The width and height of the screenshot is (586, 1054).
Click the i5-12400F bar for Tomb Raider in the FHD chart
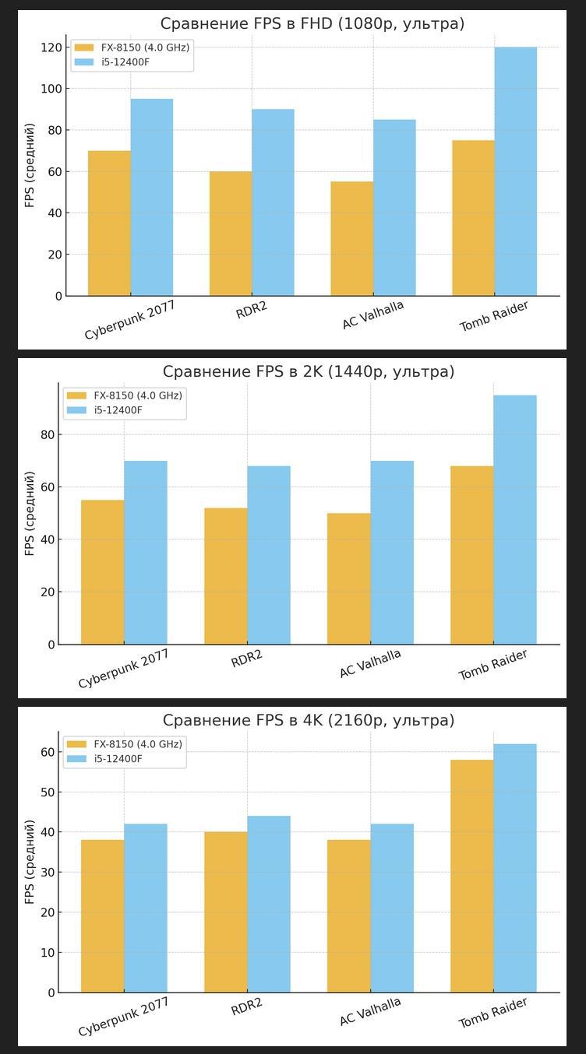point(515,171)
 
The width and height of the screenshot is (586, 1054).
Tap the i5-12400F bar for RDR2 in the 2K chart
point(269,555)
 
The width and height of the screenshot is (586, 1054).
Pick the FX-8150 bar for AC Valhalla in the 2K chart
point(348,578)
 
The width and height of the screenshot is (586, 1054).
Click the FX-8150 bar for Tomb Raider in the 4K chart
point(471,876)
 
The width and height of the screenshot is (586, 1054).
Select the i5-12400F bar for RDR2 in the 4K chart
point(269,904)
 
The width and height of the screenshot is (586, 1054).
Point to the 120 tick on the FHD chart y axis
point(51,47)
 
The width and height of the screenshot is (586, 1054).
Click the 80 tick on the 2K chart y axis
point(48,434)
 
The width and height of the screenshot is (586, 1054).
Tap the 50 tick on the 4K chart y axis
point(48,792)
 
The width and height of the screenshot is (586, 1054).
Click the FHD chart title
point(312,24)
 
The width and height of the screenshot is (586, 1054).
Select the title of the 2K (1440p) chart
point(308,372)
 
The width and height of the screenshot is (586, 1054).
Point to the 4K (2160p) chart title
point(308,721)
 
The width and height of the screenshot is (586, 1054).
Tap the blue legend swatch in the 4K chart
point(76,759)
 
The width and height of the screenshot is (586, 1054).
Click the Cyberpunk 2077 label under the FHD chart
point(130,321)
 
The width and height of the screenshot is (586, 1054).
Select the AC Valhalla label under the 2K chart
point(370,663)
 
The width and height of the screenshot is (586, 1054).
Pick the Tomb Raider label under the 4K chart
point(492,1013)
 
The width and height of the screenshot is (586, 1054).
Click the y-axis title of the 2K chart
point(30,513)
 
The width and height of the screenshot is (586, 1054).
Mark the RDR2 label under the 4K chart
point(247,1007)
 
